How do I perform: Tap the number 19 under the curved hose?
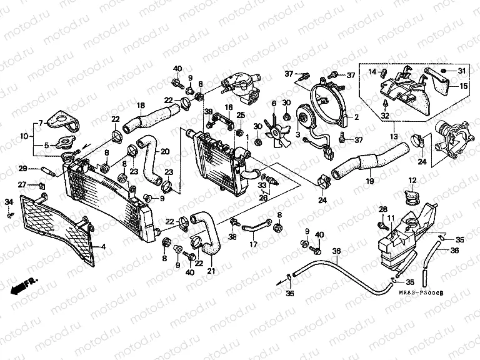click(369, 181)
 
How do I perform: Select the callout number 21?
click(210, 271)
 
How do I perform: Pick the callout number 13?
click(393, 135)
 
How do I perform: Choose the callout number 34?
click(9, 201)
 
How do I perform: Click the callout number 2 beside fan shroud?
click(356, 117)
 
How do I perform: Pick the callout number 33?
click(262, 185)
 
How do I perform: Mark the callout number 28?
click(382, 208)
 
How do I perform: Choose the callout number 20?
click(164, 151)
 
